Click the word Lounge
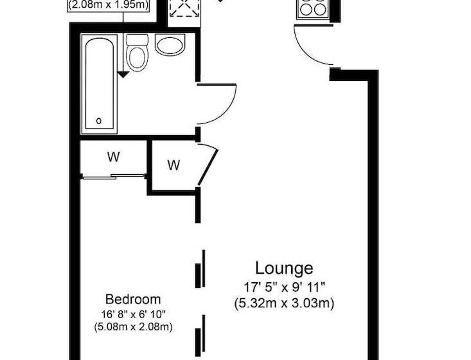tap(284, 267)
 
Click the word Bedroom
tap(133, 299)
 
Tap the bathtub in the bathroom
tap(99, 84)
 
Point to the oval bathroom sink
tap(170, 45)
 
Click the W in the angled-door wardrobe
tap(173, 165)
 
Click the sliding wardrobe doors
tap(112, 176)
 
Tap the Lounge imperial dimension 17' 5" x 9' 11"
tap(284, 285)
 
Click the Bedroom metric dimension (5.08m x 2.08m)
tap(133, 327)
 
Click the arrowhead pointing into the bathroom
tap(123, 75)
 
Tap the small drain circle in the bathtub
tap(98, 120)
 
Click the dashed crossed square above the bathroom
tap(183, 8)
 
